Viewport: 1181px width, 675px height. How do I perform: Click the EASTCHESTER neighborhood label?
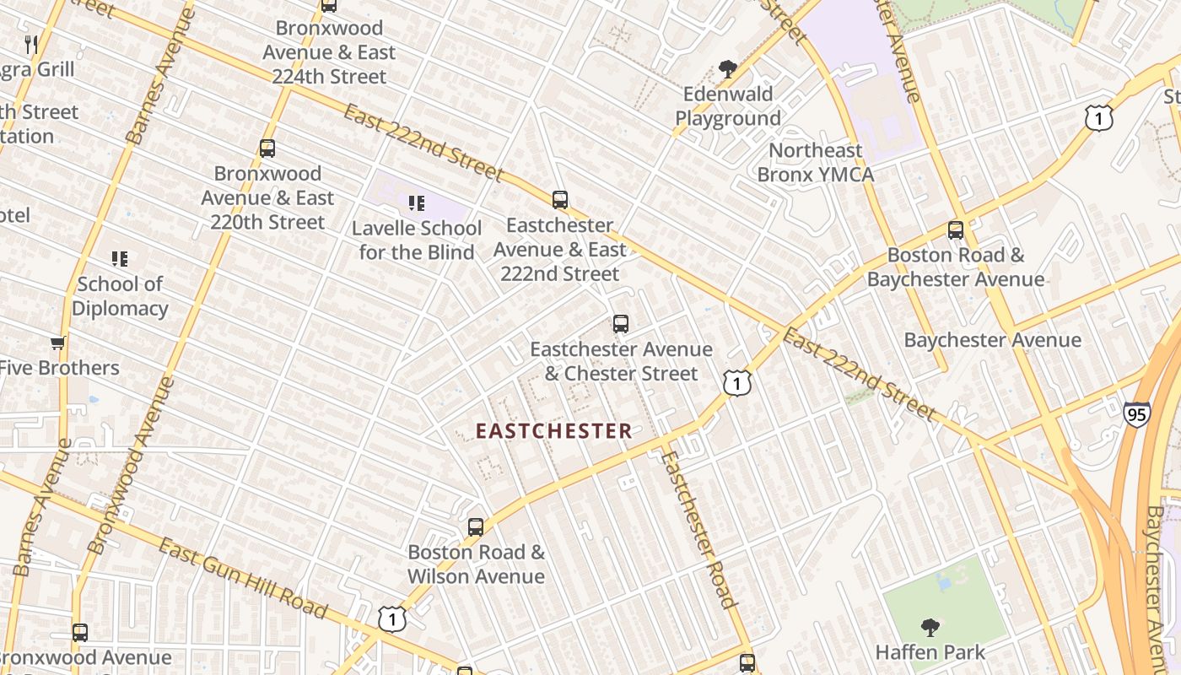tap(553, 431)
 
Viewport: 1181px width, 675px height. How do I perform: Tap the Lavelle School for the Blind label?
tap(417, 240)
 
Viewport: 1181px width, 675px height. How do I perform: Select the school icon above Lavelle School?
tap(416, 202)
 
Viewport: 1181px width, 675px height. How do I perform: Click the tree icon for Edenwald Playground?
tap(727, 69)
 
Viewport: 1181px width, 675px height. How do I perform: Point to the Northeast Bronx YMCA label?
tap(815, 162)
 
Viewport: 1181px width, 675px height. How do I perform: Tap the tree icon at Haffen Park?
tap(930, 627)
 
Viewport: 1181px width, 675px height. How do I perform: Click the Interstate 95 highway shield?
tap(1136, 414)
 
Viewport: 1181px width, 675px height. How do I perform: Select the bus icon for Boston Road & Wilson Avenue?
tap(476, 527)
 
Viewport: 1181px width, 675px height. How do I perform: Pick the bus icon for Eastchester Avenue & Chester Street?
tap(621, 323)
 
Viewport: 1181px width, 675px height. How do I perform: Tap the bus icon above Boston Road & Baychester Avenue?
tap(956, 229)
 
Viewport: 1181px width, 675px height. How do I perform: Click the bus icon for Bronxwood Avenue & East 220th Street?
tap(267, 148)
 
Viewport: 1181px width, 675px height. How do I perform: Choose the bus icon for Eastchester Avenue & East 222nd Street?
tap(560, 200)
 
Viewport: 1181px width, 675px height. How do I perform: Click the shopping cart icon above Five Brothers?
tap(57, 343)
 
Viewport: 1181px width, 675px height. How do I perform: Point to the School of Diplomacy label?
tap(119, 295)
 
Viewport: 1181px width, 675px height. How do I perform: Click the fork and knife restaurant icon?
tap(32, 44)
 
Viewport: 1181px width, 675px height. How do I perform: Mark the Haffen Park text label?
tap(930, 652)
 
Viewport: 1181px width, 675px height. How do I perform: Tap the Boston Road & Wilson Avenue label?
tap(476, 564)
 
